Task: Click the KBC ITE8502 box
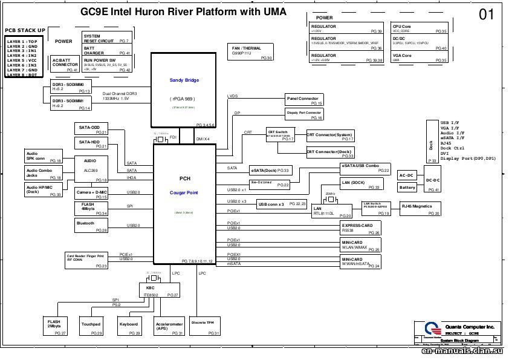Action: click(x=160, y=290)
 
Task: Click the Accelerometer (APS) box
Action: click(x=169, y=327)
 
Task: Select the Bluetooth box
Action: click(x=92, y=226)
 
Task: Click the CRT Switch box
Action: click(x=280, y=135)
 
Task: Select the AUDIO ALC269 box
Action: click(x=92, y=170)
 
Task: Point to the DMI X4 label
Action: click(x=203, y=139)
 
